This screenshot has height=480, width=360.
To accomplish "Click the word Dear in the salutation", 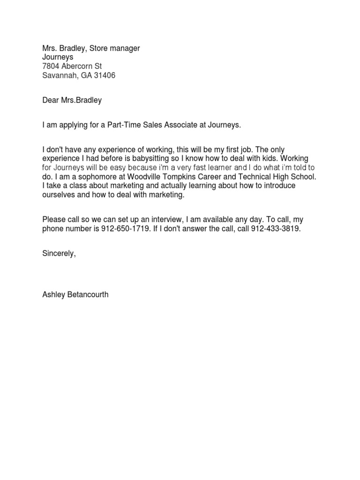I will click(x=51, y=100).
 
